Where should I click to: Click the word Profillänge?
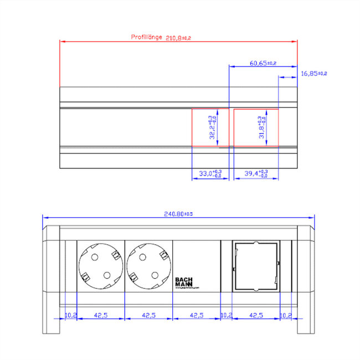click(146, 37)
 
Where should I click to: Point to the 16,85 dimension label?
click(314, 73)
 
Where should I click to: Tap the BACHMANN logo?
click(184, 282)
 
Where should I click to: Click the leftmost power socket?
click(101, 265)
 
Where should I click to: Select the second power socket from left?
click(148, 265)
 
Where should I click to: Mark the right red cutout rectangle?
click(256, 128)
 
